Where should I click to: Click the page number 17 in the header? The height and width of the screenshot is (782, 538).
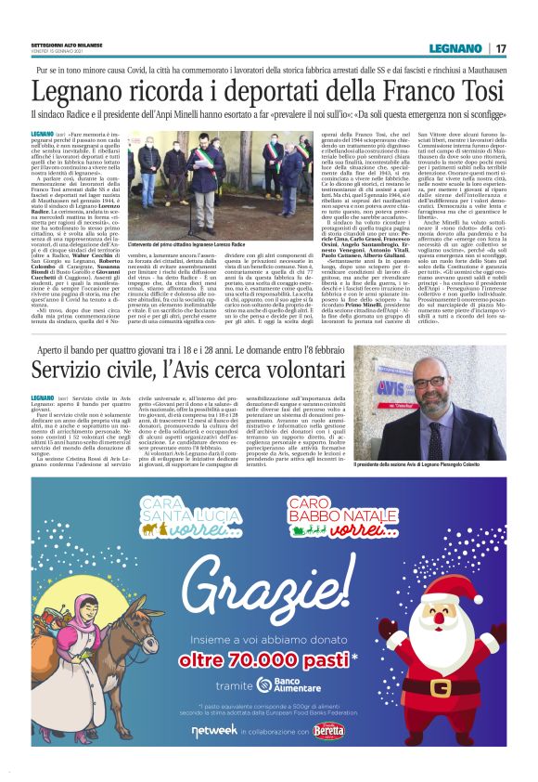[x=501, y=48]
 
